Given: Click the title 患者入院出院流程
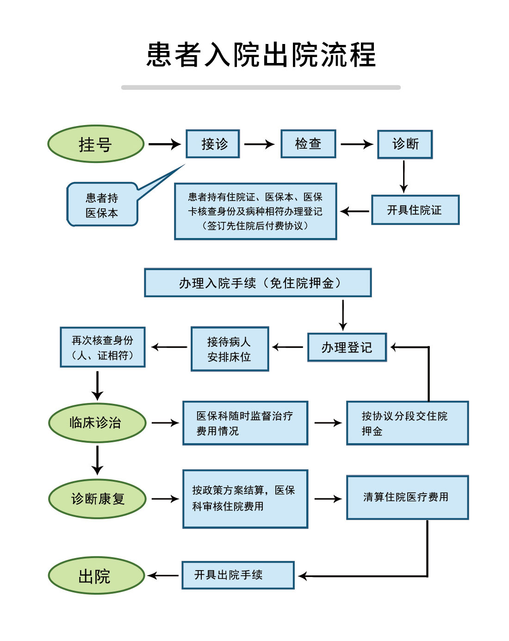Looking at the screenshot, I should [x=261, y=55].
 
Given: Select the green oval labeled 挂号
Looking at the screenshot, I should [x=96, y=144].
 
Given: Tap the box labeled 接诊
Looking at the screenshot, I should [x=213, y=144].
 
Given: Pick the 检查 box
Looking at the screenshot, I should [x=308, y=144].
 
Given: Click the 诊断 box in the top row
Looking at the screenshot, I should [x=405, y=145].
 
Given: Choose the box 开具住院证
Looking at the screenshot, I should [x=415, y=210].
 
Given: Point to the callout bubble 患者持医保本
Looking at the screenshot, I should [x=102, y=205].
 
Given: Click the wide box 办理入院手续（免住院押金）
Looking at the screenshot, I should [x=258, y=283].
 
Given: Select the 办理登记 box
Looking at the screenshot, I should [x=347, y=347].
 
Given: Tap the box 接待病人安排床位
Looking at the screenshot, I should [x=230, y=349].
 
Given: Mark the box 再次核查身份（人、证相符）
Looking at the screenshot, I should [x=103, y=347].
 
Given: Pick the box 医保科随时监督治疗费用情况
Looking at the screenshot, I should [x=245, y=423].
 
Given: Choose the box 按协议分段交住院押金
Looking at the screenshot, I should [x=407, y=423].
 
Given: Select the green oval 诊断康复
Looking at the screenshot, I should [x=97, y=498].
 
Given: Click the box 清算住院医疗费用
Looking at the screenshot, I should [x=407, y=497].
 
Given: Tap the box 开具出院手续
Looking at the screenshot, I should [x=238, y=575].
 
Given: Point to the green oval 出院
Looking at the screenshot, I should [x=96, y=576].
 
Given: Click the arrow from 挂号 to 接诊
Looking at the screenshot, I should [x=165, y=144].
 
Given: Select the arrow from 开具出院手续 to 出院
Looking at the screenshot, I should [x=163, y=576].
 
